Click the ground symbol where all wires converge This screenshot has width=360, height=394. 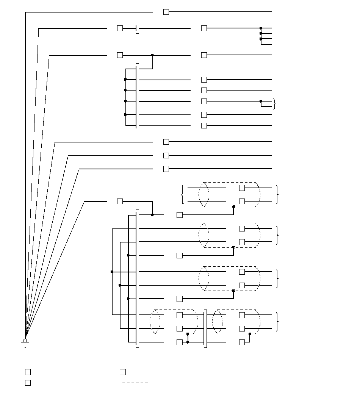(x=25, y=342)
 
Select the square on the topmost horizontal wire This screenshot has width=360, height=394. (x=166, y=12)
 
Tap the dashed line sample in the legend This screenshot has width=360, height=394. (x=136, y=383)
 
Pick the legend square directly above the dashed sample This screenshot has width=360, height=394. (x=123, y=372)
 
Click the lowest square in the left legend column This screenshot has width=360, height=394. (x=28, y=383)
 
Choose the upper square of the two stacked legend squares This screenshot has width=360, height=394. (x=28, y=372)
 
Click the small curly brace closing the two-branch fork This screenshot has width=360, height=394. (x=274, y=104)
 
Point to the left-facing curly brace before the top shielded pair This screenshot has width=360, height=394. (x=183, y=194)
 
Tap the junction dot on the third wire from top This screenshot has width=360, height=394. (x=152, y=55)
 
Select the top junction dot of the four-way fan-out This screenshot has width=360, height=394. (x=261, y=28)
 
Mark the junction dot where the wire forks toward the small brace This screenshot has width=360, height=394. (x=261, y=101)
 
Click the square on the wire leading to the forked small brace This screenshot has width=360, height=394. (x=204, y=101)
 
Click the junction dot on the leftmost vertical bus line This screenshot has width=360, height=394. (x=112, y=272)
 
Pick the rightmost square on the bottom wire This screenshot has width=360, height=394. (x=242, y=342)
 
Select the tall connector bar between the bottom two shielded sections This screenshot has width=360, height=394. (x=205, y=328)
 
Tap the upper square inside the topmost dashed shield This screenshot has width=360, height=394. (x=242, y=188)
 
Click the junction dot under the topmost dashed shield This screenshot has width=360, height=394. (x=233, y=206)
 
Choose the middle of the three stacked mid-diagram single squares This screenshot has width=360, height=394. (x=166, y=155)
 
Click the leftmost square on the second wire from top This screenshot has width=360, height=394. (x=120, y=28)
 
